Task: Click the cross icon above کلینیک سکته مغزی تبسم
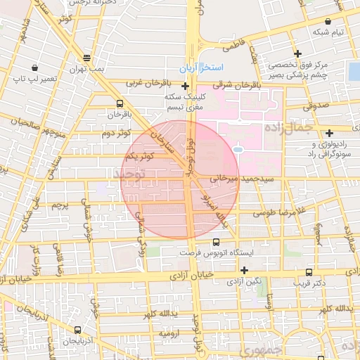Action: click(x=184, y=86)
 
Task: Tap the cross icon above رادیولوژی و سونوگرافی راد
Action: click(x=329, y=133)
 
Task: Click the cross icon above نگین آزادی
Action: click(x=244, y=270)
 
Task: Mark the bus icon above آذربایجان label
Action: click(x=76, y=328)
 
